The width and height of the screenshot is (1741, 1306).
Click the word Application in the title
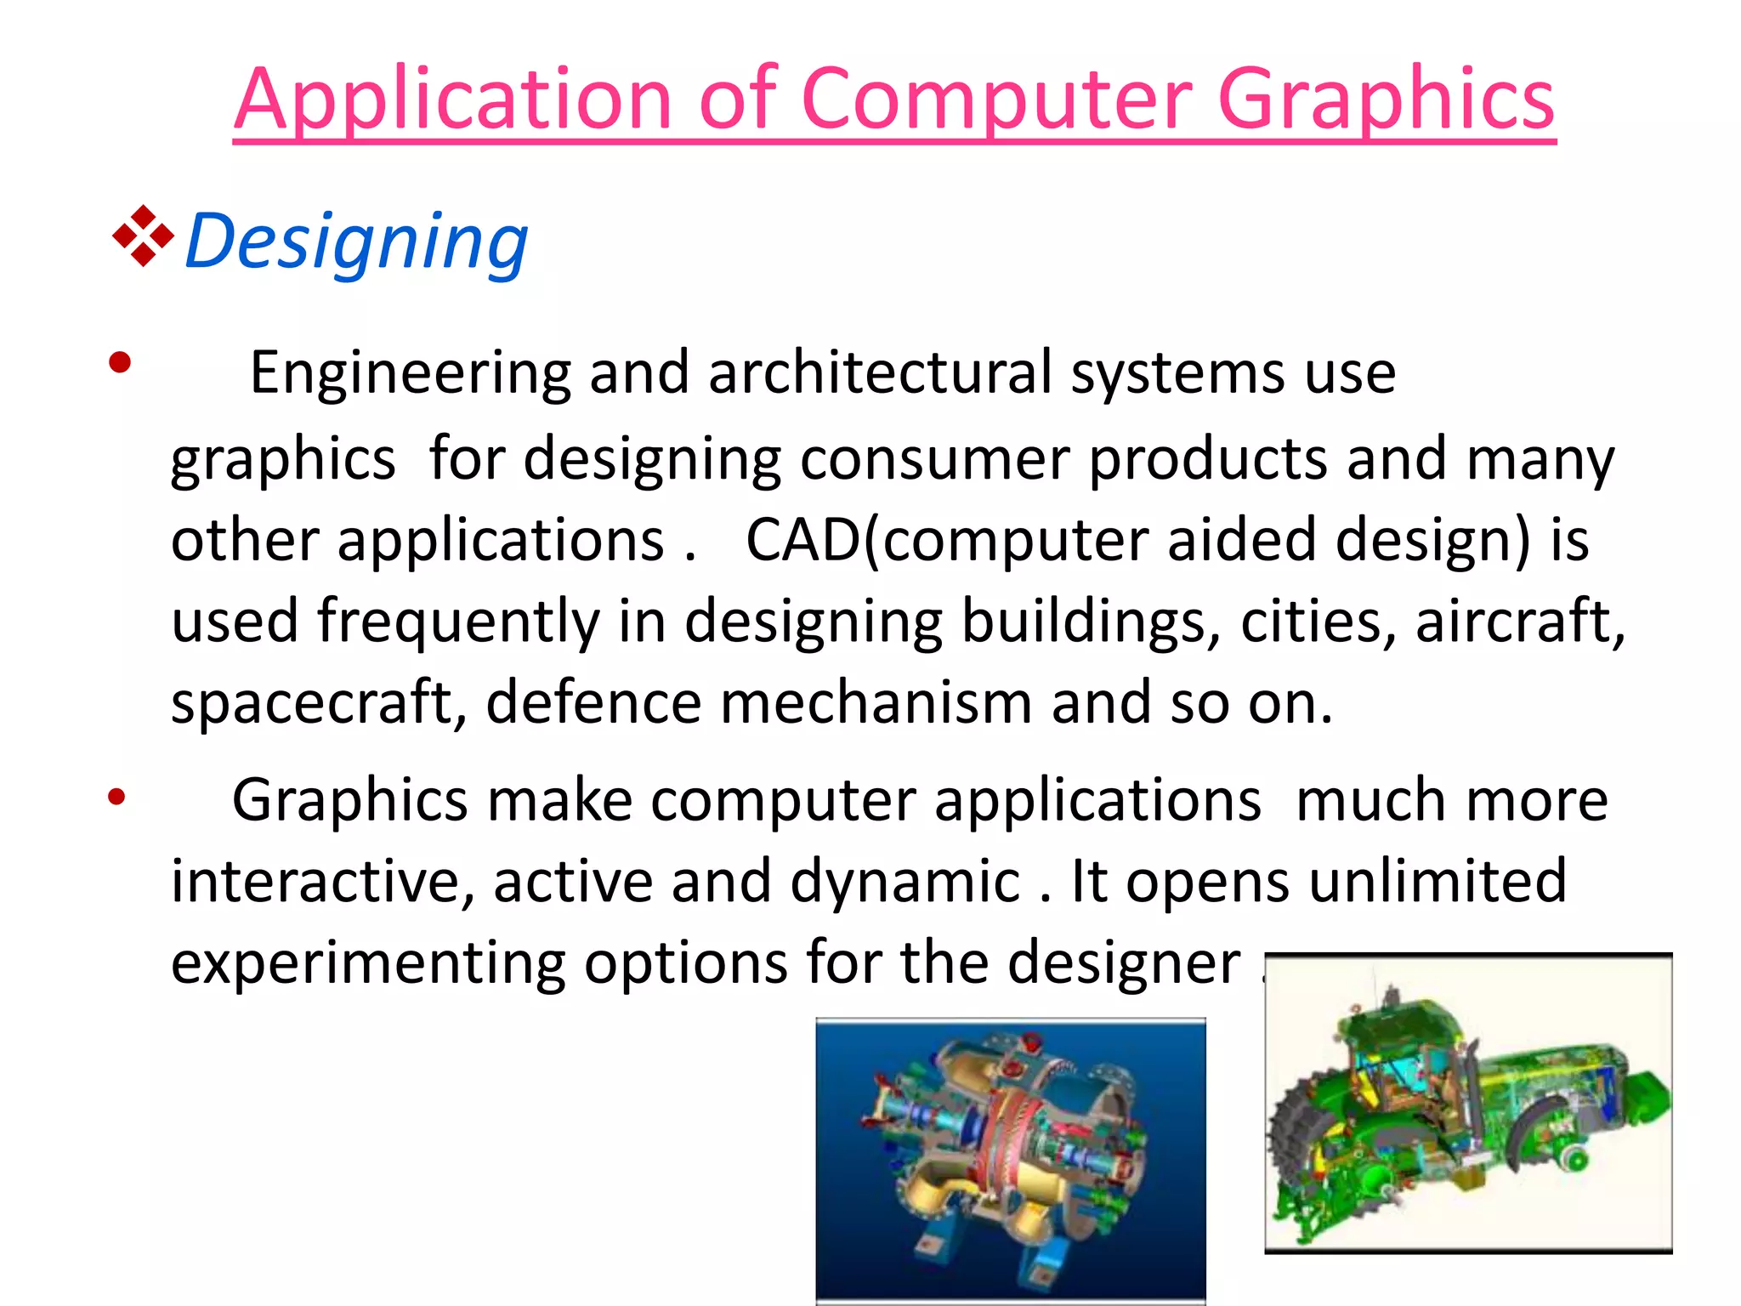click(x=454, y=100)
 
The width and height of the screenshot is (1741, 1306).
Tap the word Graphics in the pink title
click(x=1386, y=100)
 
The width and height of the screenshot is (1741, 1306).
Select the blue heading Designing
click(x=356, y=241)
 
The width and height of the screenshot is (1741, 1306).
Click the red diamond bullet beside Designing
click(x=143, y=236)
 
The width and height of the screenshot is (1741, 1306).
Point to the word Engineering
click(x=410, y=373)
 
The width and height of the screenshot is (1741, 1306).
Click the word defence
click(x=593, y=703)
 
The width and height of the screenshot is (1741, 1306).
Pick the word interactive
click(x=321, y=881)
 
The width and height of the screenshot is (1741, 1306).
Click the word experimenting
click(x=367, y=963)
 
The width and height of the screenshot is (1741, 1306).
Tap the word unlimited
click(x=1437, y=881)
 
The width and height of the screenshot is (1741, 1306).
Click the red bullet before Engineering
click(x=120, y=363)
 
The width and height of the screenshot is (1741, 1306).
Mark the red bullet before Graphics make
click(x=116, y=798)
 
